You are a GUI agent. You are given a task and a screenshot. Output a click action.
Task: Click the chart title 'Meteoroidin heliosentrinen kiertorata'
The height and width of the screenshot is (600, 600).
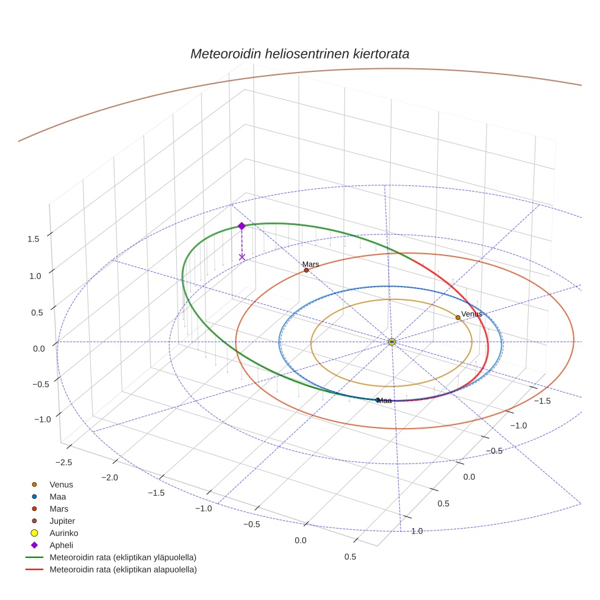tap(299, 54)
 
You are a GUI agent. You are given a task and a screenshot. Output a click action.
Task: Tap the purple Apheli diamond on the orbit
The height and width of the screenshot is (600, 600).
tap(241, 226)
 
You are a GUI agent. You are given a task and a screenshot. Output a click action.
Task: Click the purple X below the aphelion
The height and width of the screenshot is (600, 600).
tap(242, 257)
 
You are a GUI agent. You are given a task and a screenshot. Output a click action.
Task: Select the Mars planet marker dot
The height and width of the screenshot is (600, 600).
tap(306, 270)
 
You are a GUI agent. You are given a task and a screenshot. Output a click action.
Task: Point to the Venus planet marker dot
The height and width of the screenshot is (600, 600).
tap(458, 318)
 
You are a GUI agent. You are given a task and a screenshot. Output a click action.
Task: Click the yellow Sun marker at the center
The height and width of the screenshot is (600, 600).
tap(391, 342)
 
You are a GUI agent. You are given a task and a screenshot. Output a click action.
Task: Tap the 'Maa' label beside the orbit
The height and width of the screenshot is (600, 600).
tap(384, 401)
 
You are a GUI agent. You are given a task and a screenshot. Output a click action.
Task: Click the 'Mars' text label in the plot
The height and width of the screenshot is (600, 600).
tap(311, 264)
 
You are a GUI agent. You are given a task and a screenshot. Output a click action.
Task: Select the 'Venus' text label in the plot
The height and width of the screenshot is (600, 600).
tap(471, 313)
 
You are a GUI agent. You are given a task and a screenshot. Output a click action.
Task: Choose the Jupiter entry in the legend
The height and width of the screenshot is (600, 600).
tap(62, 521)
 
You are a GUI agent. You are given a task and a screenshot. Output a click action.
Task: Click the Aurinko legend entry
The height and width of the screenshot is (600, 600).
tap(63, 533)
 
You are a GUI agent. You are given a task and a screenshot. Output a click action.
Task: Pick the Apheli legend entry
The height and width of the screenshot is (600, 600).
tap(61, 545)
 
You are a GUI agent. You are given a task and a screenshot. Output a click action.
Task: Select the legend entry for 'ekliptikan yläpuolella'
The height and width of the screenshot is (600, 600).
tap(123, 557)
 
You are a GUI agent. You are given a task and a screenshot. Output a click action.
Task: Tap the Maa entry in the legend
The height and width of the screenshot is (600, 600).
tap(58, 496)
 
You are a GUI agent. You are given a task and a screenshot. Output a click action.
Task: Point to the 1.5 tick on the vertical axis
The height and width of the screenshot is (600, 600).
tap(33, 239)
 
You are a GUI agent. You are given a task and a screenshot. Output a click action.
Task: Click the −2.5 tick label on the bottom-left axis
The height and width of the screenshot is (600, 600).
tap(62, 463)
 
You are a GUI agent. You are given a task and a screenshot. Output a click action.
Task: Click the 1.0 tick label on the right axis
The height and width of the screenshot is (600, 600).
tap(417, 531)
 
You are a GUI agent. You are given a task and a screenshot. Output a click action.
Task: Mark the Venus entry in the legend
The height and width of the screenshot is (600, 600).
tap(61, 484)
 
